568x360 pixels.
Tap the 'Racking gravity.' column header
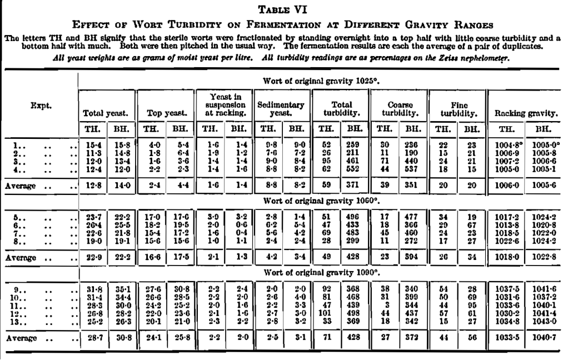point(525,113)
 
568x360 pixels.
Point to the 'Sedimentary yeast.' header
point(281,108)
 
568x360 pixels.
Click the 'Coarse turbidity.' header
point(399,108)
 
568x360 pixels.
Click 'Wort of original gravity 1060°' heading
point(321,199)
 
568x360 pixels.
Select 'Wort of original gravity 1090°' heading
point(321,273)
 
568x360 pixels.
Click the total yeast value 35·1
point(120,289)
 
